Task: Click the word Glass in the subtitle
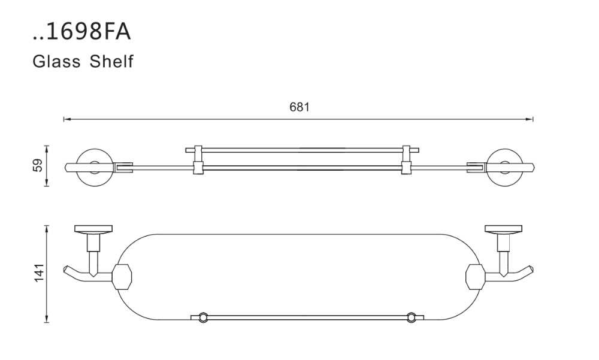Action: click(x=56, y=61)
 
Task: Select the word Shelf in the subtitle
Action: click(x=111, y=61)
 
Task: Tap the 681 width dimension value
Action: click(x=299, y=107)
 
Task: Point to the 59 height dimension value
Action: click(x=38, y=165)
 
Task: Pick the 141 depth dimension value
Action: click(x=40, y=273)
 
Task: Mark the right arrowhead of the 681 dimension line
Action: click(x=530, y=120)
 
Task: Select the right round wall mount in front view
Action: click(x=504, y=167)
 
